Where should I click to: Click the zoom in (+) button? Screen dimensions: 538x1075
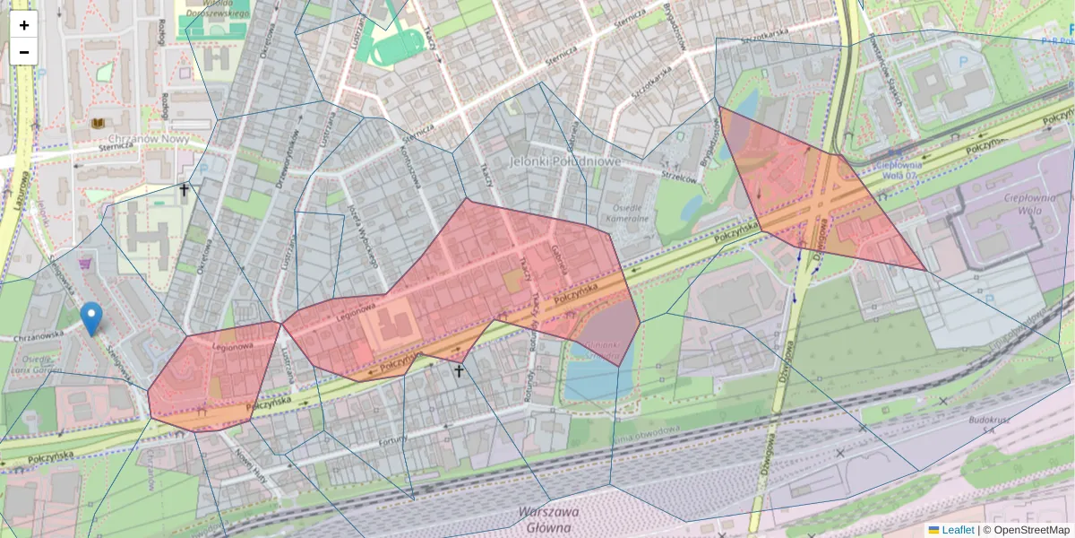click(x=24, y=25)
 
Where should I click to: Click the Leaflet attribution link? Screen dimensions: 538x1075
click(x=958, y=530)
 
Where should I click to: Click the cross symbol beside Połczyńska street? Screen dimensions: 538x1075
click(x=459, y=369)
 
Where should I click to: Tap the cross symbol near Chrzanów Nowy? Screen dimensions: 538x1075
click(x=185, y=189)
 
